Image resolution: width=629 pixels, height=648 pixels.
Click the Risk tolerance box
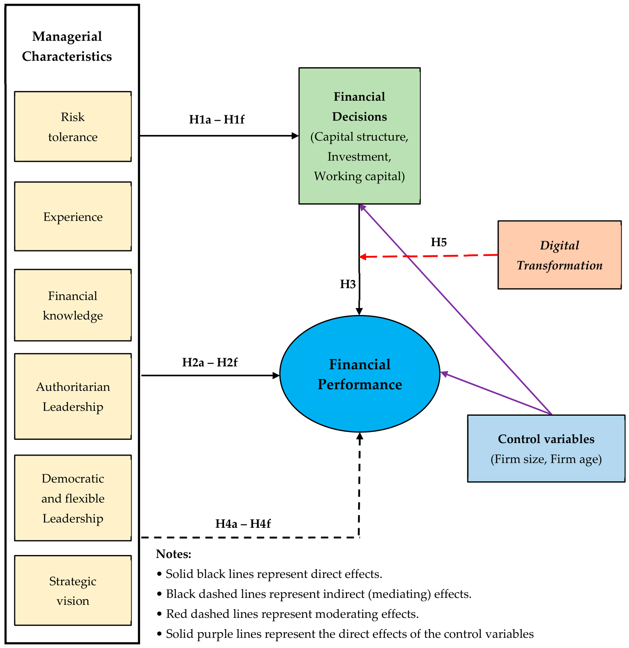(73, 126)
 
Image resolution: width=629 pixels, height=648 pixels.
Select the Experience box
(73, 216)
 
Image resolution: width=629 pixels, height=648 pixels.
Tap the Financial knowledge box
(73, 305)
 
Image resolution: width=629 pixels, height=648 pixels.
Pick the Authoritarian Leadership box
(73, 396)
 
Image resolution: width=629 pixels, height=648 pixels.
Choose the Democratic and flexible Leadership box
(73, 498)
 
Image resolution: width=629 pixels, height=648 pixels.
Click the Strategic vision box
(73, 591)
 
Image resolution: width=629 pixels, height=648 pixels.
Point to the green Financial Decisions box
(359, 136)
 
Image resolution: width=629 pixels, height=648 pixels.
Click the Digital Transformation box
(559, 255)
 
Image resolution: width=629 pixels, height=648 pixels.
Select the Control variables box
(546, 449)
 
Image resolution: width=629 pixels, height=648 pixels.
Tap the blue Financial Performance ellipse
(360, 374)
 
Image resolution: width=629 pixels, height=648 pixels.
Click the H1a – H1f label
(217, 119)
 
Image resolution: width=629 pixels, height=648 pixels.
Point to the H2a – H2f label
(210, 362)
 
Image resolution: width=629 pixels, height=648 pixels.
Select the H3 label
(348, 284)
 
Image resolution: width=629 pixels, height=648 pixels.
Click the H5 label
(439, 242)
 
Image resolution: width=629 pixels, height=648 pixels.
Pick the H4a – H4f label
(243, 523)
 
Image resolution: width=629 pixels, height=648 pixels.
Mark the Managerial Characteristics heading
(67, 46)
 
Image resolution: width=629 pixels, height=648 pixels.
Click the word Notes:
(174, 554)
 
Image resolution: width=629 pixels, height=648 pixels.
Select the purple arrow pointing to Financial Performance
(496, 393)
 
